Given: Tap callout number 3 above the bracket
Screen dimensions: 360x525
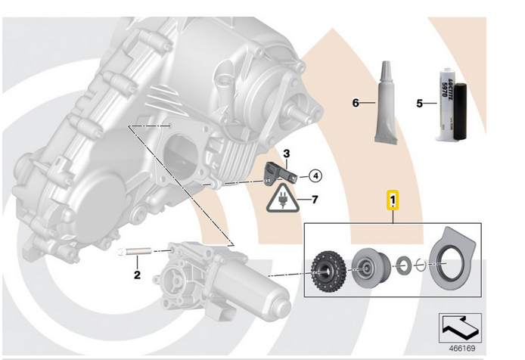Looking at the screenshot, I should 287,154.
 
